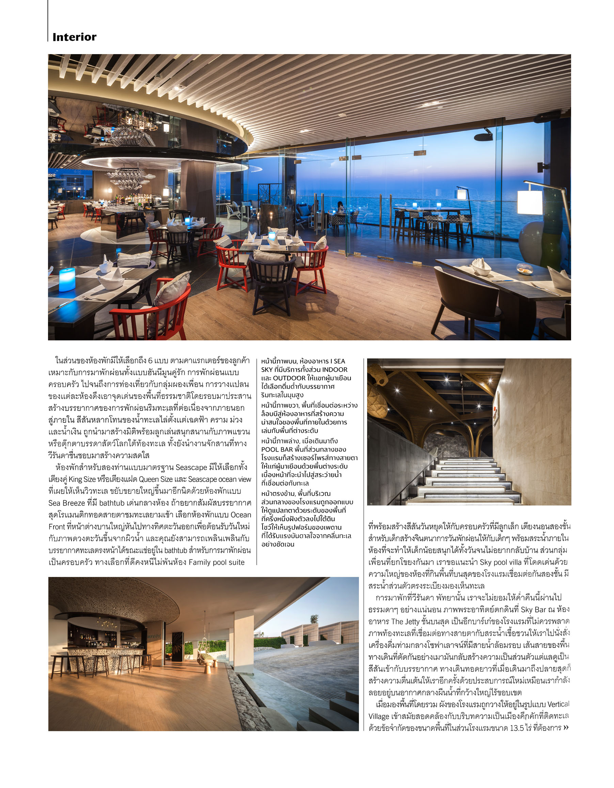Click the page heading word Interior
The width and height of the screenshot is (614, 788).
(74, 37)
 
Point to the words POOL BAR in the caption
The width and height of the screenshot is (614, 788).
(277, 449)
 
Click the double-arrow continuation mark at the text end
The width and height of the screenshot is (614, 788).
(566, 728)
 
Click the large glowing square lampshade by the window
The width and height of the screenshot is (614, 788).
(529, 203)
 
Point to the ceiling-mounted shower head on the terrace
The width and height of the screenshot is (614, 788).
(483, 136)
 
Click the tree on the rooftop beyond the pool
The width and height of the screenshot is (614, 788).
(314, 618)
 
